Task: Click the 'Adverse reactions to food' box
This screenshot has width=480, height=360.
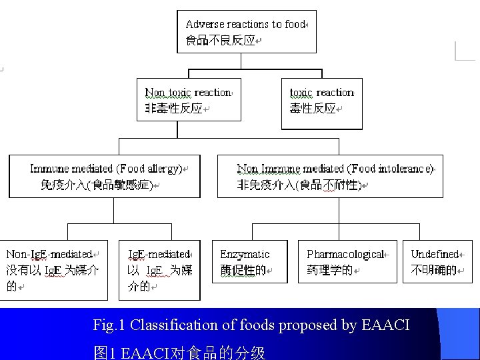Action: point(245,31)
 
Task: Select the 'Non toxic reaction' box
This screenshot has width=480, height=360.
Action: point(189,100)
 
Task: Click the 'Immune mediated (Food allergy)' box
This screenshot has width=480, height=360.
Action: point(105,176)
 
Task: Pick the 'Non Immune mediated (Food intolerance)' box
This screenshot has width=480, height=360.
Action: point(330,176)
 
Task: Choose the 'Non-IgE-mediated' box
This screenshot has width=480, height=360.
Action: point(53,270)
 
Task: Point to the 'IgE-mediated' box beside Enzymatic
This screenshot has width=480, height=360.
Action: point(159,270)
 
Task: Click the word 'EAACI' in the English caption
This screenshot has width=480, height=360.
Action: point(385,325)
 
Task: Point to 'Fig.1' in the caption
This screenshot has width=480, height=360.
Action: point(109,325)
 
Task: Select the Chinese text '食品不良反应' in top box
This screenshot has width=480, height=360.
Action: point(221,40)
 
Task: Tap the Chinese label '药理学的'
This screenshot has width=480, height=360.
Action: point(329,271)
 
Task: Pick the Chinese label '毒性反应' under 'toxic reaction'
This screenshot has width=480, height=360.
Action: point(313,109)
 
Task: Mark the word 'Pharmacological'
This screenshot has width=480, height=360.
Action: point(345,254)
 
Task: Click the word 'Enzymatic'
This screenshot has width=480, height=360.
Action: point(245,254)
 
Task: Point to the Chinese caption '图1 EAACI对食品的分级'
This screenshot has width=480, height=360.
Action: point(180,351)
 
